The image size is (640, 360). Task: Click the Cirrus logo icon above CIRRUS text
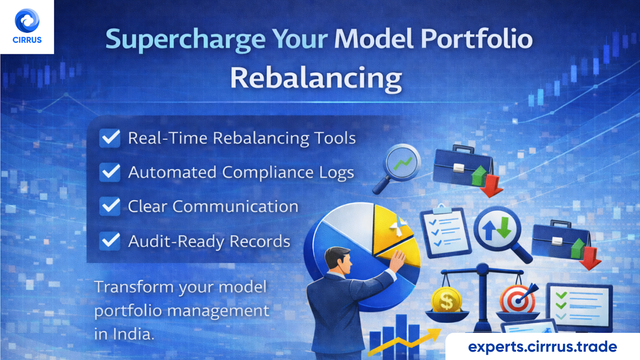click(x=27, y=21)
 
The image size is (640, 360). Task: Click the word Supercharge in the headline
click(x=185, y=40)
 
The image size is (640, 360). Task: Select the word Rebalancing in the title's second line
click(x=316, y=78)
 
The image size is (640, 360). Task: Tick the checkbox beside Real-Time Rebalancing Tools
click(x=110, y=138)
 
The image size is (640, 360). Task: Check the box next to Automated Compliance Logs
click(x=110, y=172)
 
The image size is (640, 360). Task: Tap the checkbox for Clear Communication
click(x=110, y=206)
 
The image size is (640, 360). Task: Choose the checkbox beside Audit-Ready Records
click(x=110, y=241)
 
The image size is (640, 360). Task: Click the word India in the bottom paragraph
click(x=132, y=334)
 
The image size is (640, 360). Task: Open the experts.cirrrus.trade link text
click(x=542, y=346)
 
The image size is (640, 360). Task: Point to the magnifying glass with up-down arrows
click(x=497, y=230)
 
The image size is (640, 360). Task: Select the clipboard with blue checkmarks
click(x=445, y=232)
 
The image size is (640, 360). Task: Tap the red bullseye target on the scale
click(x=517, y=299)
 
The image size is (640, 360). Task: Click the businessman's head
click(x=338, y=259)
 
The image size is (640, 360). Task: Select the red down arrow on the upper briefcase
click(x=491, y=186)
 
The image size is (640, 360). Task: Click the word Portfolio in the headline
click(x=476, y=39)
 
